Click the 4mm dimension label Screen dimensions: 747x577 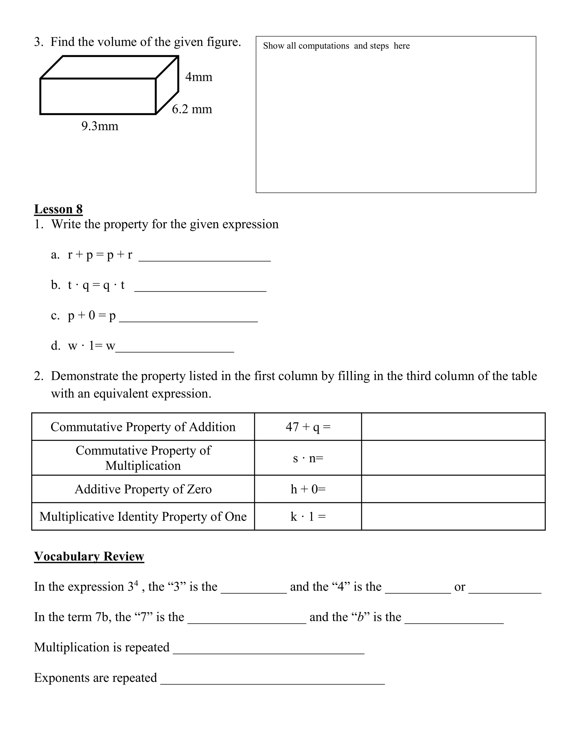[199, 77]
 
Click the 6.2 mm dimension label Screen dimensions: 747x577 [192, 109]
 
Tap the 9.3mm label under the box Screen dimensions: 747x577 [100, 126]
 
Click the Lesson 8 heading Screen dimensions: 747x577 [58, 209]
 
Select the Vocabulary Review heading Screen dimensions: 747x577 [89, 556]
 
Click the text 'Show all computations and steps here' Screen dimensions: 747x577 [336, 46]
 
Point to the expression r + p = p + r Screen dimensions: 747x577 [100, 255]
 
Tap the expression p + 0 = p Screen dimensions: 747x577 [92, 315]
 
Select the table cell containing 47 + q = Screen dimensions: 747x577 [308, 427]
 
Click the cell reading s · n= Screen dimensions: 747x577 [308, 458]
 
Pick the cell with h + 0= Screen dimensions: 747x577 [308, 489]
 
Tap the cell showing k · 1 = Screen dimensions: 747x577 [308, 516]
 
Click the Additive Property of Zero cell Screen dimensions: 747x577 [143, 489]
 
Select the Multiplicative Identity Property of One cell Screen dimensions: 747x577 [143, 516]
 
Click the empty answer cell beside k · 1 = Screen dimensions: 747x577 [453, 516]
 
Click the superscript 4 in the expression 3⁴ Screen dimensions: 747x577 [136, 582]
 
